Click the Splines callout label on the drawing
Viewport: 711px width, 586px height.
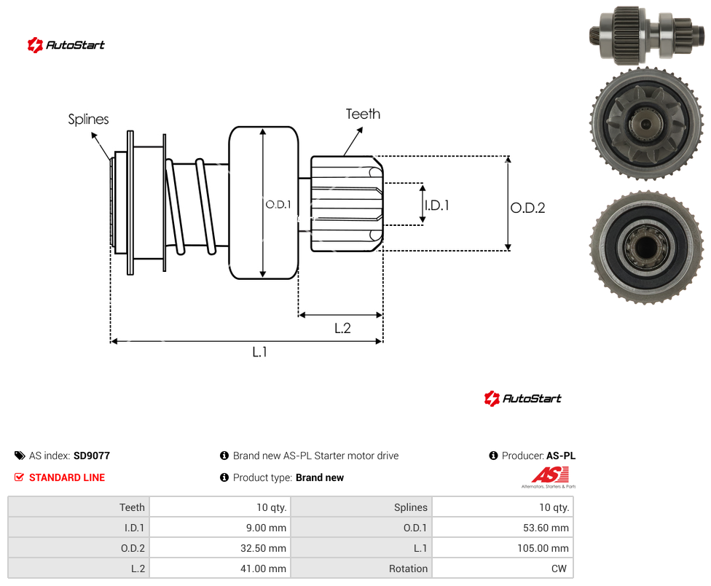88,120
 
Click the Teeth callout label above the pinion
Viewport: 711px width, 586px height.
363,114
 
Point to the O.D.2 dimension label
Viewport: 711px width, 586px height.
528,208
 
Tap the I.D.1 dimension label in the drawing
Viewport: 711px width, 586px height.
436,206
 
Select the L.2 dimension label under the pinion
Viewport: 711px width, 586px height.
342,328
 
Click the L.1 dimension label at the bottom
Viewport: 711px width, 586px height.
259,351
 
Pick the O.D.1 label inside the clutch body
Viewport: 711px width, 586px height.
278,205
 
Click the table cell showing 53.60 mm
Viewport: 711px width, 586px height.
503,528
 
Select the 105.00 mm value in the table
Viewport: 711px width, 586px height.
503,548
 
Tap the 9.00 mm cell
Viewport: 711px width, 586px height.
220,528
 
